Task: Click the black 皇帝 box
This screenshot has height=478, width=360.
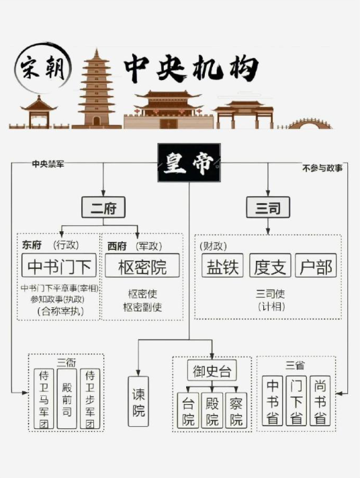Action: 189,163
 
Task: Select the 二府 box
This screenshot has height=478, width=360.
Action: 103,207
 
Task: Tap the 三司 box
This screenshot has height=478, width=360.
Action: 268,207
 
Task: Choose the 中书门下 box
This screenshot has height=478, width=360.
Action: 59,265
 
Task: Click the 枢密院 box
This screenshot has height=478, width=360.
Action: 142,265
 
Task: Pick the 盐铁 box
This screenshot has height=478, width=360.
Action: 222,265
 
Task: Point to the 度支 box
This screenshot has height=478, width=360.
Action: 270,265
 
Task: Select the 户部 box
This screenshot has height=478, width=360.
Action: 316,265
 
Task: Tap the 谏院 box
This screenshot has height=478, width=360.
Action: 138,401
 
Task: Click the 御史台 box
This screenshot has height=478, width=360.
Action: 212,370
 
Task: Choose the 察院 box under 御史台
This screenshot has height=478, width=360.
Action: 236,410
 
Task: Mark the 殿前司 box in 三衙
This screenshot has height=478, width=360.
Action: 66,399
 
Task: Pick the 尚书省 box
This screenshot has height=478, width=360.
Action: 320,401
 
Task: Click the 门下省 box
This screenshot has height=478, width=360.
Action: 296,401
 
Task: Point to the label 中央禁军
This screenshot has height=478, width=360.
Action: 48,164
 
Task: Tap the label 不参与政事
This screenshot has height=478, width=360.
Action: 322,168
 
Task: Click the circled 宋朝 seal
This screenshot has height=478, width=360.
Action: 43,68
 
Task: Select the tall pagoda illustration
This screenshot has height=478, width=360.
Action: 97,88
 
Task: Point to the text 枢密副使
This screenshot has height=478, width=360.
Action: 142,307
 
